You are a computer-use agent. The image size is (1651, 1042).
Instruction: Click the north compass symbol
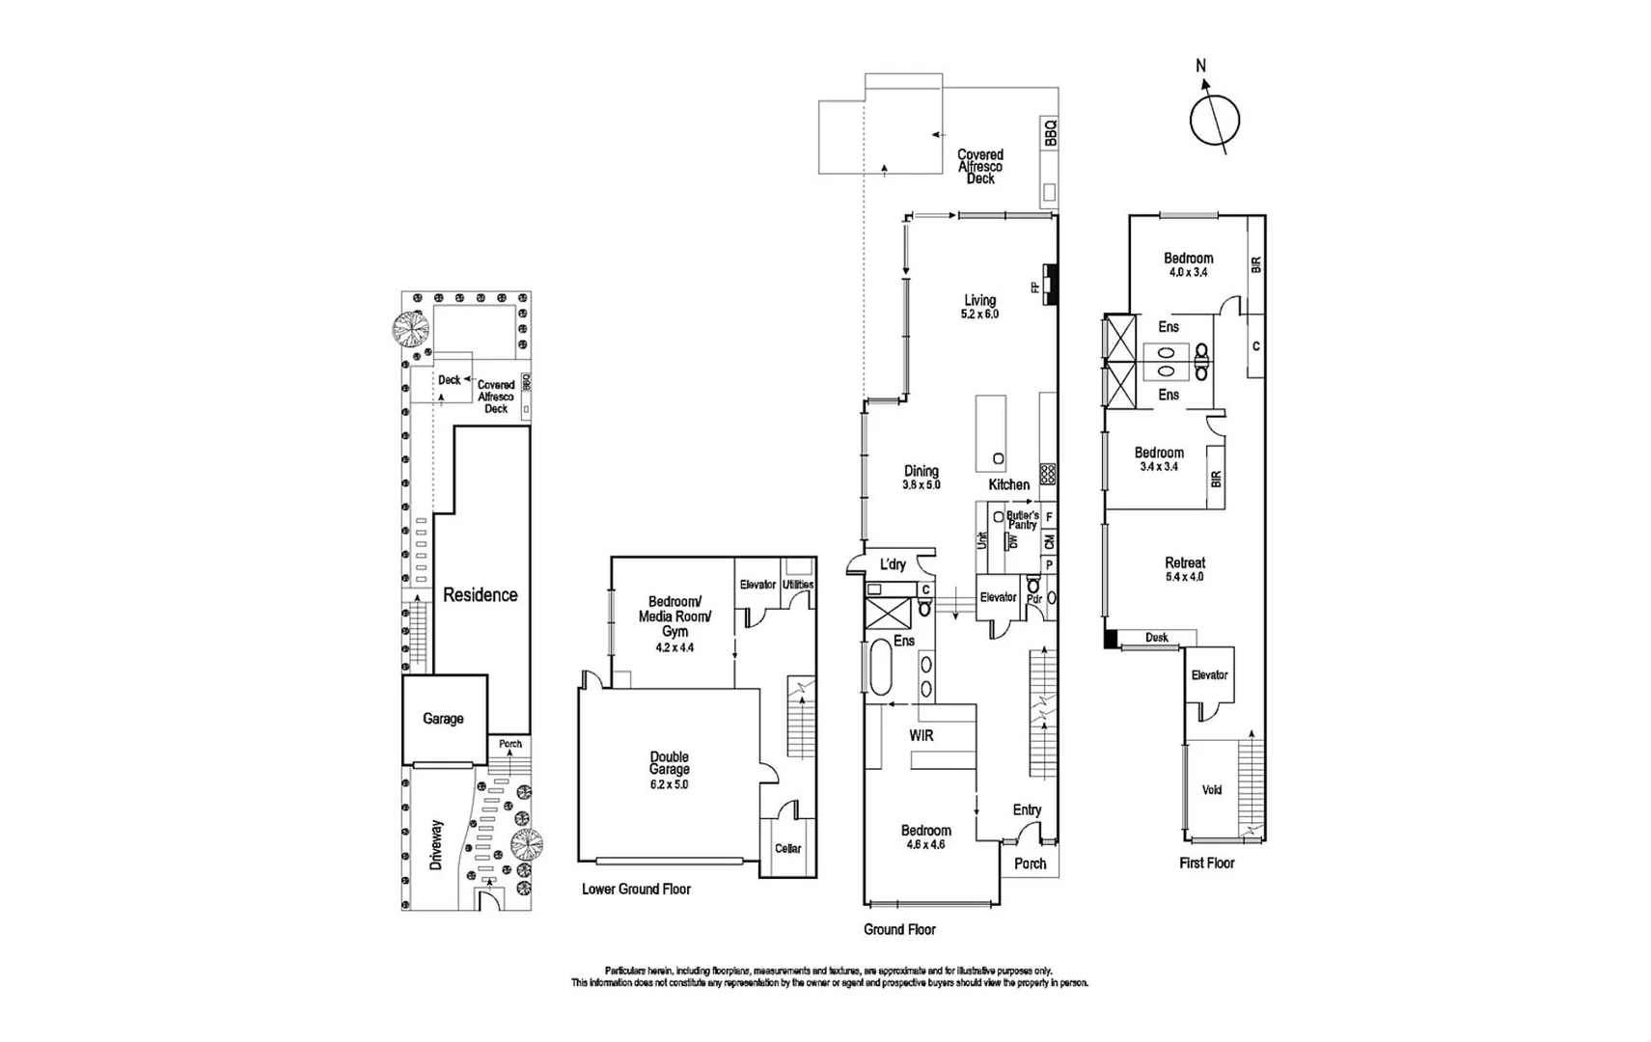click(1213, 118)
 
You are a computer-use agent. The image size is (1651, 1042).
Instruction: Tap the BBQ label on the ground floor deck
click(1050, 132)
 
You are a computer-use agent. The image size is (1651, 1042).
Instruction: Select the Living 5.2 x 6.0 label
click(979, 307)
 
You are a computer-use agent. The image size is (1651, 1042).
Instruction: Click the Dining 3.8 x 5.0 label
click(921, 478)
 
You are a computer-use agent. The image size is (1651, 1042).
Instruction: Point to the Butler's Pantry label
click(1022, 520)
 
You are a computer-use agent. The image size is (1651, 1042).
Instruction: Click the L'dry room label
click(893, 564)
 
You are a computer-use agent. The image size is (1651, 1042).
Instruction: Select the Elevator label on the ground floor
click(998, 597)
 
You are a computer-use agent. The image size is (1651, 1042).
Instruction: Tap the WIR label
click(922, 735)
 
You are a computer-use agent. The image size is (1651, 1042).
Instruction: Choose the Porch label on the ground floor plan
click(1030, 864)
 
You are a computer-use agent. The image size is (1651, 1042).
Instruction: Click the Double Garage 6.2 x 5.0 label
click(669, 770)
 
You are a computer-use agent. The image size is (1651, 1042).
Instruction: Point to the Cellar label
click(787, 848)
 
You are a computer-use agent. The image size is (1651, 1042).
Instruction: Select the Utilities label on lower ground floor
click(798, 585)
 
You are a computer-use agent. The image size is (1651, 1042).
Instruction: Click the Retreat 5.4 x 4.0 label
click(1184, 568)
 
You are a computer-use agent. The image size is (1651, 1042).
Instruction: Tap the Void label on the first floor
click(1211, 789)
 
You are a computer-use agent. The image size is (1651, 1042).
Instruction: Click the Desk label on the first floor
click(1156, 637)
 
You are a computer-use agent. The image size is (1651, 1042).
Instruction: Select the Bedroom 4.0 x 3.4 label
click(1188, 264)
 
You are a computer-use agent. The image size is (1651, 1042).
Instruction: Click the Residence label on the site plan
click(480, 594)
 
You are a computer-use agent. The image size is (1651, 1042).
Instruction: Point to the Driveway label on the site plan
click(436, 845)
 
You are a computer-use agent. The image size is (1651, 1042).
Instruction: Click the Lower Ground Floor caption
click(636, 889)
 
